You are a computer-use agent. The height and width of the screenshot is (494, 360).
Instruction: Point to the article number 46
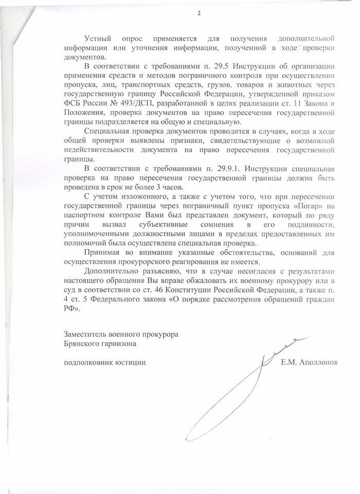177,290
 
